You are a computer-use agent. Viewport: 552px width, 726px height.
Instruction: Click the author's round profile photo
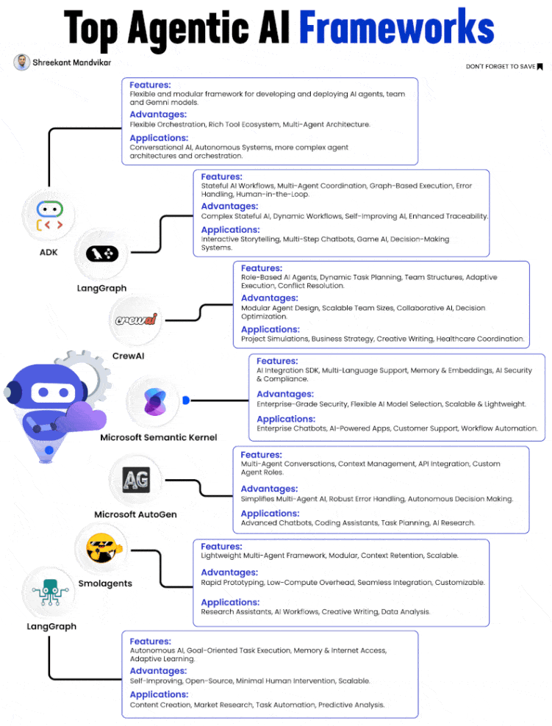tap(21, 62)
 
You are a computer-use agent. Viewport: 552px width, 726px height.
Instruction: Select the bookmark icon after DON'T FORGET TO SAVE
tap(540, 67)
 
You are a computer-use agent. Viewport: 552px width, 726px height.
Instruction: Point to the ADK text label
tap(49, 253)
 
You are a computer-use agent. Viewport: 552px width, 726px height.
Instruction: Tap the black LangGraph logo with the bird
tap(102, 254)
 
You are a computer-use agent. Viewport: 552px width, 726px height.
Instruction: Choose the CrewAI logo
tap(137, 320)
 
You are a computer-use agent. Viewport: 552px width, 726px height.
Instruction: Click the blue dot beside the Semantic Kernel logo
tap(186, 400)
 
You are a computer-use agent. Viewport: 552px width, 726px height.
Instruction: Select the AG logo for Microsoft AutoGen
tap(136, 481)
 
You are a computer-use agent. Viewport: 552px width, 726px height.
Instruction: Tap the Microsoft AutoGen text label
tap(135, 514)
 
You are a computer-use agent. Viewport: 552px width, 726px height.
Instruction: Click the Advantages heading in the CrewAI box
tap(269, 298)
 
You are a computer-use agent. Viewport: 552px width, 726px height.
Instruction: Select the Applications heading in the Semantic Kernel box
tap(285, 419)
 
